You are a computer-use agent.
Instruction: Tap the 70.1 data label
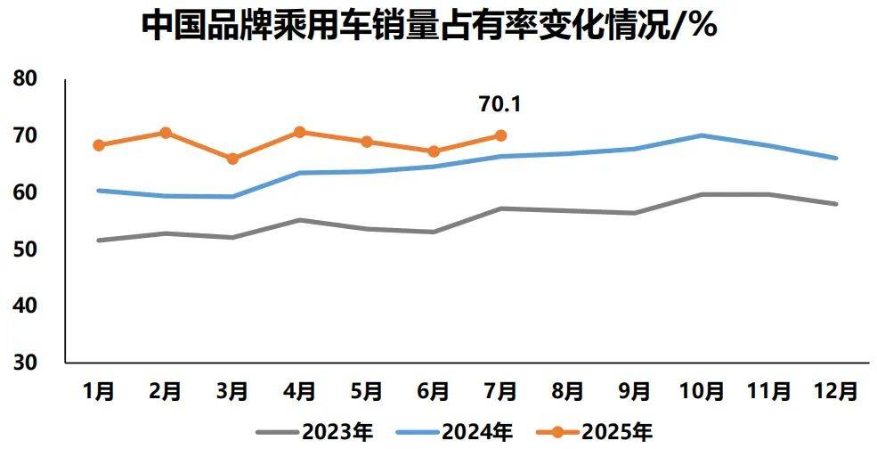(x=499, y=104)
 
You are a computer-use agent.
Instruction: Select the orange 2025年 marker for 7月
(x=500, y=135)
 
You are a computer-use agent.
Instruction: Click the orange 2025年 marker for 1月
(x=99, y=145)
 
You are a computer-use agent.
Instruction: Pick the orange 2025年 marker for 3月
(x=232, y=159)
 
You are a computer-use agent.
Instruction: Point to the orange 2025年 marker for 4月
(x=299, y=132)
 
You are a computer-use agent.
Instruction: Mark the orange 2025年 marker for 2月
(x=166, y=133)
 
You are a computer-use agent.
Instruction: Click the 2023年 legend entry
(x=315, y=433)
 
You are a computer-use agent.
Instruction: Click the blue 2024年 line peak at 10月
(x=702, y=135)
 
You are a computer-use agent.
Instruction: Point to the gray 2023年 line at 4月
(x=299, y=219)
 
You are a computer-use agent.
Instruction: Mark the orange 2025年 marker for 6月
(x=434, y=151)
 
